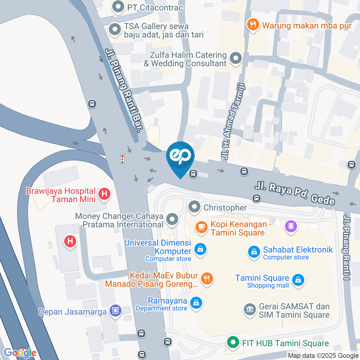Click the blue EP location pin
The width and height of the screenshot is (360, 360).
coord(180,157)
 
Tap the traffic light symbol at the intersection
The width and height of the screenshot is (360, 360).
coord(122,159)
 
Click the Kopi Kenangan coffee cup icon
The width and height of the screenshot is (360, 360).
coord(201,227)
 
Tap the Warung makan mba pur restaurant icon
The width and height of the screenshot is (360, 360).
coord(253,25)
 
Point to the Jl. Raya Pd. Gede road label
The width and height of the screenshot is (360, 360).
coord(295,193)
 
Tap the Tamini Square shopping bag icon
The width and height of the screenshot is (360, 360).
coord(298,279)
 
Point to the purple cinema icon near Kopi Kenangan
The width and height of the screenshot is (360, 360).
coord(291,226)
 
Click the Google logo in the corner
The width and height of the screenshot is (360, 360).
coord(20,352)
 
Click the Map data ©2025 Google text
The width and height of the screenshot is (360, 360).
coord(323,355)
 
